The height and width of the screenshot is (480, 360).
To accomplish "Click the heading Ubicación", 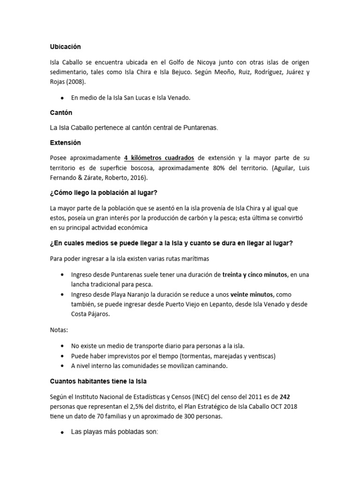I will (66, 47).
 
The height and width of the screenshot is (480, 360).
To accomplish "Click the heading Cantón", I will (61, 113).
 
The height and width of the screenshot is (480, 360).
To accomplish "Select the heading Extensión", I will (66, 142).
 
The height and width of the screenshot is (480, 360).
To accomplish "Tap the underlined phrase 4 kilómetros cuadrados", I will (159, 157).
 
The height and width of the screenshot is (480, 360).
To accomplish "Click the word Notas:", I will (59, 330).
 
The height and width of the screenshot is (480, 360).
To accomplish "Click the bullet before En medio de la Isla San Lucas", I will (62, 98).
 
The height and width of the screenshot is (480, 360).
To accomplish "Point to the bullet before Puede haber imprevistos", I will (62, 356).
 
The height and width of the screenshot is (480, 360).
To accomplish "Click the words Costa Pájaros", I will (90, 315).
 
